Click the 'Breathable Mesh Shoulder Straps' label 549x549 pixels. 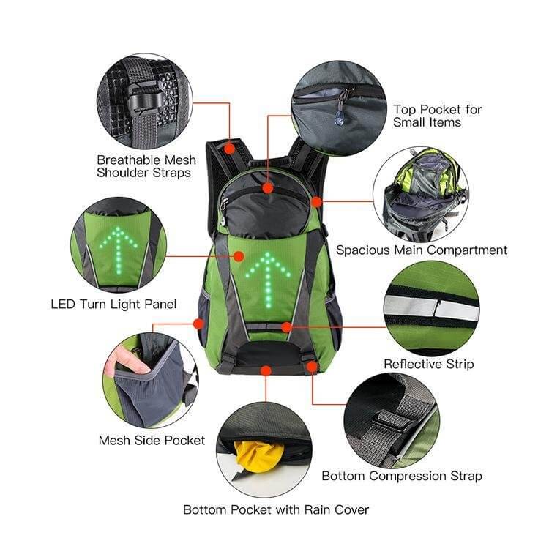click(x=146, y=166)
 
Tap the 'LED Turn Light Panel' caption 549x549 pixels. click(x=113, y=304)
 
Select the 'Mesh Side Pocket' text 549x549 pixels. click(x=152, y=440)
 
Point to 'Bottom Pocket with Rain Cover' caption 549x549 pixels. click(x=276, y=509)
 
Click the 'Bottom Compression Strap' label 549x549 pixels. click(x=402, y=476)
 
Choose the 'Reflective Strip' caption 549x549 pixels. click(x=428, y=364)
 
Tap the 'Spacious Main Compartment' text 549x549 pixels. click(x=422, y=250)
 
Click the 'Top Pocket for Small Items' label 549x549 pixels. click(x=437, y=116)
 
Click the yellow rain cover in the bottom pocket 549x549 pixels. click(x=255, y=456)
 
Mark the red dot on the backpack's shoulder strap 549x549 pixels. click(x=230, y=149)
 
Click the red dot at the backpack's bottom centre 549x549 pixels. click(x=266, y=371)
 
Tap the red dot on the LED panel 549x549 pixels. click(x=239, y=256)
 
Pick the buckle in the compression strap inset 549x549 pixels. click(x=392, y=420)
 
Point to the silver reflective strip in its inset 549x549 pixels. click(x=430, y=308)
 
